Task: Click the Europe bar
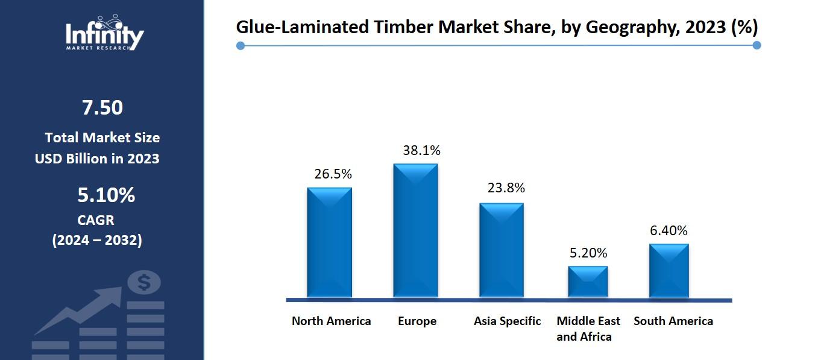tap(415, 230)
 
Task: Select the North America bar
tap(329, 242)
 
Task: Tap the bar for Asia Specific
tap(501, 250)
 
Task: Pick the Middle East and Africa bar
tap(588, 282)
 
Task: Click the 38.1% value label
tap(421, 151)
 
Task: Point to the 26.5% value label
tap(333, 174)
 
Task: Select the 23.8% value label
tap(506, 188)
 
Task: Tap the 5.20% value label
tap(588, 253)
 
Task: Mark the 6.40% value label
tap(669, 230)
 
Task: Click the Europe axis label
tap(417, 321)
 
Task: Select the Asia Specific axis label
tap(507, 321)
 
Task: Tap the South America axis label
tap(673, 321)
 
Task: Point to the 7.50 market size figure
tap(102, 107)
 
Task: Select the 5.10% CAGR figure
tap(106, 195)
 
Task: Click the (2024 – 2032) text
tap(97, 240)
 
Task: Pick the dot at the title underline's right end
tap(757, 45)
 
